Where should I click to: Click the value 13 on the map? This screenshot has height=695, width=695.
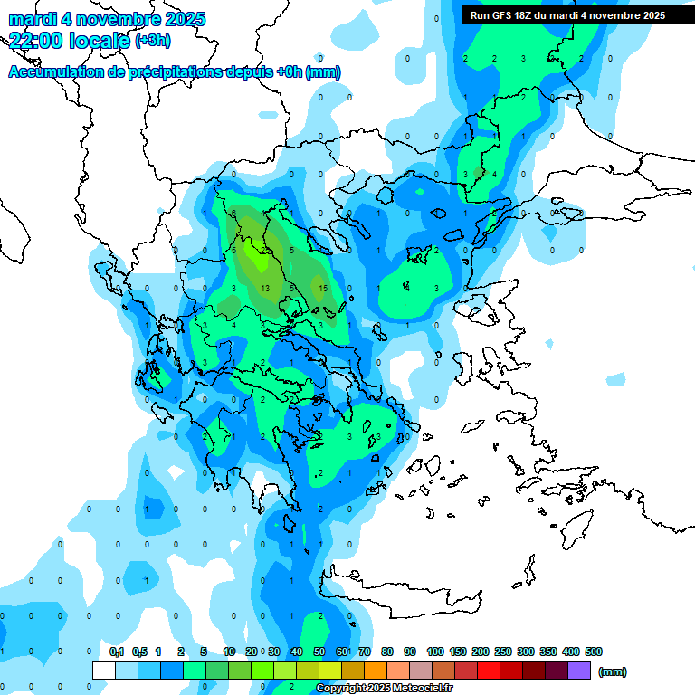click(265, 288)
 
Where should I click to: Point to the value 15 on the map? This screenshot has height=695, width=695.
click(323, 288)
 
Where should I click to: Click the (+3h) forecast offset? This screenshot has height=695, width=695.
click(152, 40)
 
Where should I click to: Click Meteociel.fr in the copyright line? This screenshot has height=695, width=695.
click(422, 689)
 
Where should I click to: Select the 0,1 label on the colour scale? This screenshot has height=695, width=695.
click(117, 652)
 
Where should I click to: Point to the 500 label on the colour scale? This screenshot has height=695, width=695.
click(594, 652)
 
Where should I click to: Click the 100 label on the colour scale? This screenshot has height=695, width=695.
click(435, 652)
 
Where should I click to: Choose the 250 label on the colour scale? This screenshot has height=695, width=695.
click(503, 652)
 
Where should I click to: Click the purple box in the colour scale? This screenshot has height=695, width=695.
click(579, 670)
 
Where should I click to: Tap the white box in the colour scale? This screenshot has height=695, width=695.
click(104, 670)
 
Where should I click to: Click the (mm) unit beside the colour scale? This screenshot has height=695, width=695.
click(613, 671)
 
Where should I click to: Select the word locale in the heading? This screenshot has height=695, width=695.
click(100, 40)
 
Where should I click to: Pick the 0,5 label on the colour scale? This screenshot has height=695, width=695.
click(139, 652)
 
